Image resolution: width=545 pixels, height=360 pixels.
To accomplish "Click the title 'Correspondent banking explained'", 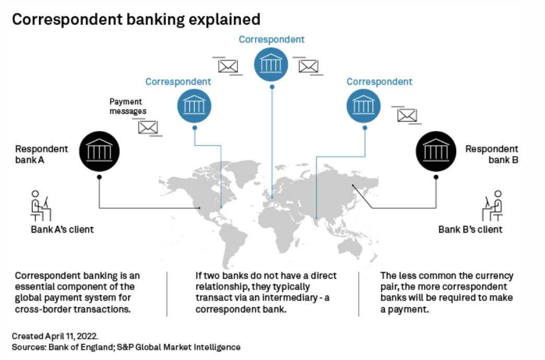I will [136, 20].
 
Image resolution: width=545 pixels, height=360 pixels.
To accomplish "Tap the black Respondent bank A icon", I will [99, 151].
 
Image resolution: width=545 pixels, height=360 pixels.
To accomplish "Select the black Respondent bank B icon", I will [436, 151].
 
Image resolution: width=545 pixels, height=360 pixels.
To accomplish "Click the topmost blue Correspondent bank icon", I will [271, 64].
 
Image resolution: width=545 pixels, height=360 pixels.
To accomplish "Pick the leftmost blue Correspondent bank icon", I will [194, 105].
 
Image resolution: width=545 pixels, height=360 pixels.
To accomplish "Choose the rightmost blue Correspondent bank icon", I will [364, 105].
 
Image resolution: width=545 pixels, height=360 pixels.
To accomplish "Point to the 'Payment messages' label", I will [127, 106].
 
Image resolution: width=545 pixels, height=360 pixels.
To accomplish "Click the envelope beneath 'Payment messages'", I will [148, 127].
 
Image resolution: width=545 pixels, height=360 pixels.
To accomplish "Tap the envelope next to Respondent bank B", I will [407, 115].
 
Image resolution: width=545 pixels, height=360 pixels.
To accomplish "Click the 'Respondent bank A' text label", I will [42, 154].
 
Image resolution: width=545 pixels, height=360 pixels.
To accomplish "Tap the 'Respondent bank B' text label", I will [492, 154].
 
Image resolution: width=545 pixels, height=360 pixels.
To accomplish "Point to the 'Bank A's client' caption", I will [62, 230].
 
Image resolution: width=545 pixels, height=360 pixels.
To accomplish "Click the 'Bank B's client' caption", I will [470, 230].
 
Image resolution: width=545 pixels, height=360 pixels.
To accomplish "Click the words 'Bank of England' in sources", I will [72, 347].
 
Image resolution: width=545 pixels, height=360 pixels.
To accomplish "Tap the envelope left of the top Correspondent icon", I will [228, 66].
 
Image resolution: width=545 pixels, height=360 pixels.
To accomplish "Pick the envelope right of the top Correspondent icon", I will [308, 66].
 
